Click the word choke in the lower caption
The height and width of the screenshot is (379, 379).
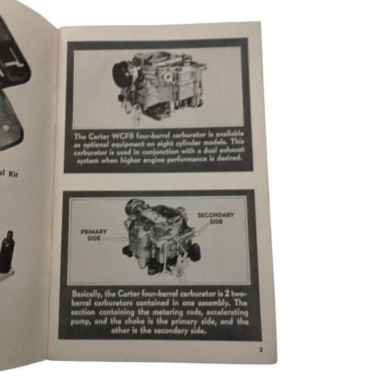click(134, 328)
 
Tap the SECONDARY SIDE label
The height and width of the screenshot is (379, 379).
click(217, 218)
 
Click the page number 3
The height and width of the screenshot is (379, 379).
click(260, 351)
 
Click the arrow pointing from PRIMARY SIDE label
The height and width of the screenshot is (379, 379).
click(118, 240)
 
